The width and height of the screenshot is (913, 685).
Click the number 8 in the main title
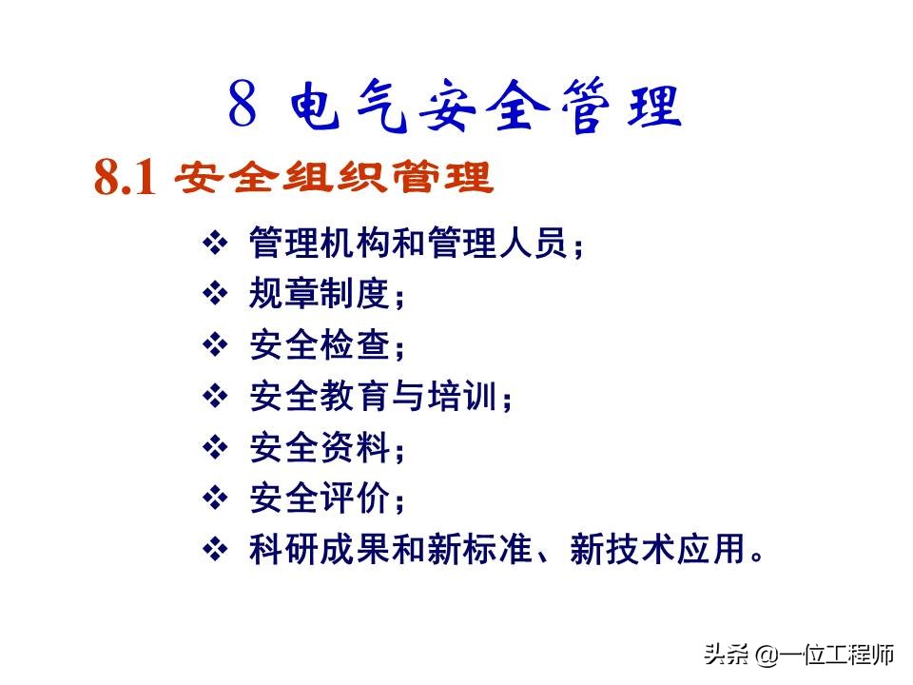click(243, 106)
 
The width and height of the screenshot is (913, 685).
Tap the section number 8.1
click(125, 178)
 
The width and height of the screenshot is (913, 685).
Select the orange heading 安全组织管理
click(336, 177)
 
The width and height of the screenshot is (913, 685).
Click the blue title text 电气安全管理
click(485, 107)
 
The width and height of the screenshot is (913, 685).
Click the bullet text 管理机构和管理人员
click(409, 243)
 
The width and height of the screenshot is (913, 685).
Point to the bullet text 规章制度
click(320, 294)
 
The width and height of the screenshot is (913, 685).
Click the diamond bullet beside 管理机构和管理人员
click(217, 243)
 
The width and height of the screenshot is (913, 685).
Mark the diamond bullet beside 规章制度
click(217, 294)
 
